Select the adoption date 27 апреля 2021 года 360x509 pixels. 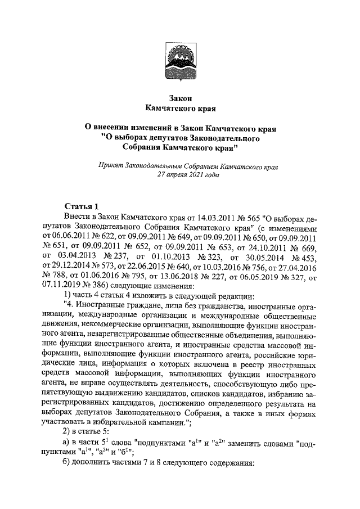point(186,175)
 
